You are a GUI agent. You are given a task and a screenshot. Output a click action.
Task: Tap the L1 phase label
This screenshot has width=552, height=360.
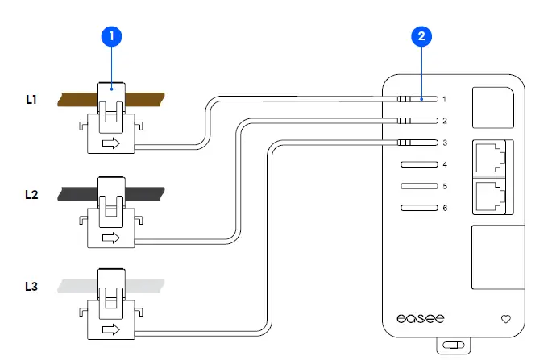(x=31, y=101)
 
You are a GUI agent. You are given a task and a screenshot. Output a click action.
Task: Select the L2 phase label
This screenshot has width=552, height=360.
(x=31, y=194)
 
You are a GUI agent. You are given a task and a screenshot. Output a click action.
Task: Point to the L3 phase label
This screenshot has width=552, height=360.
(x=31, y=286)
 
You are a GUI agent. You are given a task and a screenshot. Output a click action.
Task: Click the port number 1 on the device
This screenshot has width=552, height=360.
(x=444, y=99)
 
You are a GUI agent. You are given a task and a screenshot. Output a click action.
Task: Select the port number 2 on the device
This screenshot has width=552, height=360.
(x=444, y=121)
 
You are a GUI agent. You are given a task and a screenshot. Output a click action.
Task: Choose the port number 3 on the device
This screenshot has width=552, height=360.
(x=444, y=143)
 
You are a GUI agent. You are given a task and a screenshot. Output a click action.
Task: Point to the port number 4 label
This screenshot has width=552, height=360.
(x=444, y=164)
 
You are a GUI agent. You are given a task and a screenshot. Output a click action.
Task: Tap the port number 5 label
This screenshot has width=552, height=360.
(x=444, y=186)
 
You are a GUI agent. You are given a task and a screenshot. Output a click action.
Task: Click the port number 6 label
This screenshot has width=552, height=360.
(x=444, y=208)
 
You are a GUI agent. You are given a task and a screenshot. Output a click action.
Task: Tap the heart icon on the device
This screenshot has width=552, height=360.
(x=506, y=319)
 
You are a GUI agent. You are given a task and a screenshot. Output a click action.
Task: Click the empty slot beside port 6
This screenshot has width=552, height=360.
(x=418, y=208)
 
